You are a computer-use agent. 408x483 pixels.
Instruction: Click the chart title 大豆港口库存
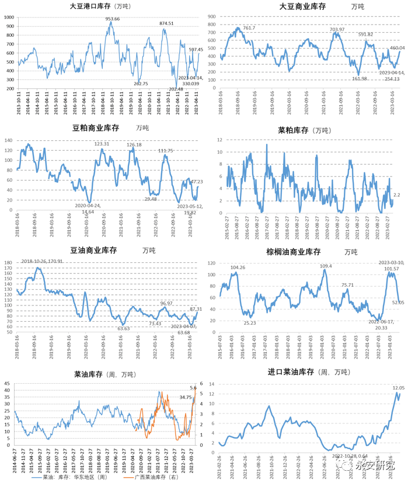coord(92,7)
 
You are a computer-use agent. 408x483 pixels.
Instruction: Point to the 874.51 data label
coord(167,23)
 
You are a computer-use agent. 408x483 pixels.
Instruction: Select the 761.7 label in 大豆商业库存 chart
coord(249,28)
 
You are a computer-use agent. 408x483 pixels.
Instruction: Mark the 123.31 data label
coord(102,144)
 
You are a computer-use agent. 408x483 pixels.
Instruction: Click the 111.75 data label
coord(166,151)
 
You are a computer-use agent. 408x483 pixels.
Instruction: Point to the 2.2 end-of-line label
coord(397,194)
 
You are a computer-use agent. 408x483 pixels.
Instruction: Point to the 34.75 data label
coord(186,397)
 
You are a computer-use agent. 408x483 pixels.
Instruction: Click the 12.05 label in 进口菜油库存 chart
coord(398,388)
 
